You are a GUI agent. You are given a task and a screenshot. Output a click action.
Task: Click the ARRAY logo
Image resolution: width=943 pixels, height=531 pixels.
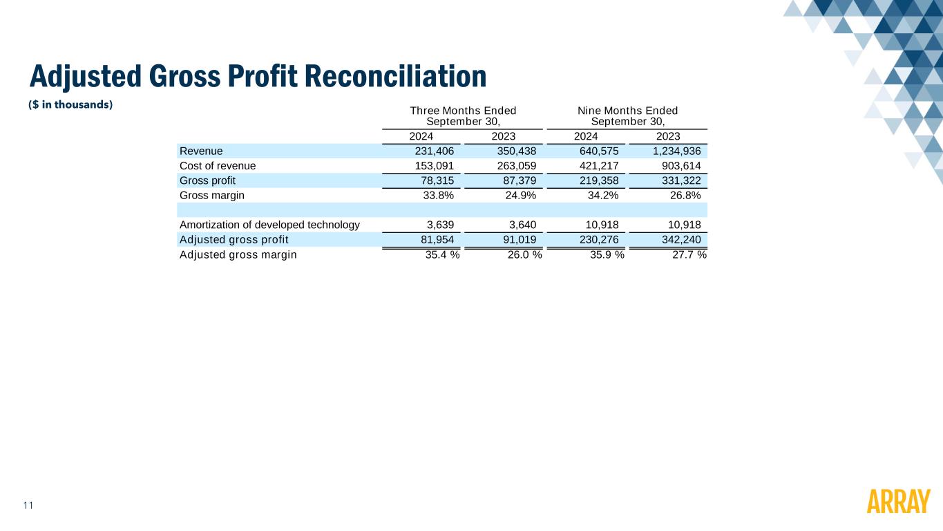click(898, 501)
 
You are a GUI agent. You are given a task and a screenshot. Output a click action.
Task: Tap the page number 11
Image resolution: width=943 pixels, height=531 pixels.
click(28, 505)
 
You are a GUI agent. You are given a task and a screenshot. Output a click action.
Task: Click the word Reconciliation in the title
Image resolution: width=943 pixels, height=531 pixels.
click(395, 76)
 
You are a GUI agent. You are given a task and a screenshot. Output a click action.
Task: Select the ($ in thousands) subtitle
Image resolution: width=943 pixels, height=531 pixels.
click(70, 104)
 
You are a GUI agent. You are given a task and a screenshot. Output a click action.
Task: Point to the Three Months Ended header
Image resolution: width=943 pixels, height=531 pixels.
click(463, 111)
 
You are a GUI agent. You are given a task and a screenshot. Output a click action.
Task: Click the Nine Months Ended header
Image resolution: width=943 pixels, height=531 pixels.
click(628, 111)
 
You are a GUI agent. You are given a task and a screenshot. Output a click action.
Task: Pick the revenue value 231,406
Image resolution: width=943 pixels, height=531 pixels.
click(435, 151)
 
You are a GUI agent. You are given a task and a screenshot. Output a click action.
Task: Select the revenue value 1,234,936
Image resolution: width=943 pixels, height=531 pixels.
click(677, 151)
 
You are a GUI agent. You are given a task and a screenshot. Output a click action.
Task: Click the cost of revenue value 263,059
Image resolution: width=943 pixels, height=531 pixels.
click(517, 166)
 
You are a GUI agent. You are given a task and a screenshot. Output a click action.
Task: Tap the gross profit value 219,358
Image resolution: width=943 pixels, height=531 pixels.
click(599, 180)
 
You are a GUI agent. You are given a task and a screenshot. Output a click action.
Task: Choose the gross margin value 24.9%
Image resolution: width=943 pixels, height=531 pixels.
click(521, 195)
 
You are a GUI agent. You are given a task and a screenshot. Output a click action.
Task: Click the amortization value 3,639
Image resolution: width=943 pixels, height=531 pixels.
click(440, 225)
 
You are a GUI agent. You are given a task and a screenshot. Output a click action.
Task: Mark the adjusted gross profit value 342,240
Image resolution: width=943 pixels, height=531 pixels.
click(681, 239)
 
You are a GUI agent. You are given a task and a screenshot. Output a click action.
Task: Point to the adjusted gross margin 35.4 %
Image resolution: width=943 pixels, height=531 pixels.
click(442, 254)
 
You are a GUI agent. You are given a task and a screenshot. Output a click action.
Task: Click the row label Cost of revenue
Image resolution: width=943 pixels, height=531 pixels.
click(218, 166)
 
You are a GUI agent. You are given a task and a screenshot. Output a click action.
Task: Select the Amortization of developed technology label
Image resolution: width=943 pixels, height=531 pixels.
click(270, 225)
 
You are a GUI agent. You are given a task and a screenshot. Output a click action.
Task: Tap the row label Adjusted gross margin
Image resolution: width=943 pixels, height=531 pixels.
click(238, 254)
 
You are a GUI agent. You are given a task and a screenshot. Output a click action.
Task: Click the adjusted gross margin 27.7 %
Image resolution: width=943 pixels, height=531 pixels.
click(689, 254)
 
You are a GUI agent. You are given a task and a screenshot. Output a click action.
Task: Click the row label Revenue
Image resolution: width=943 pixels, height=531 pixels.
click(201, 151)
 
